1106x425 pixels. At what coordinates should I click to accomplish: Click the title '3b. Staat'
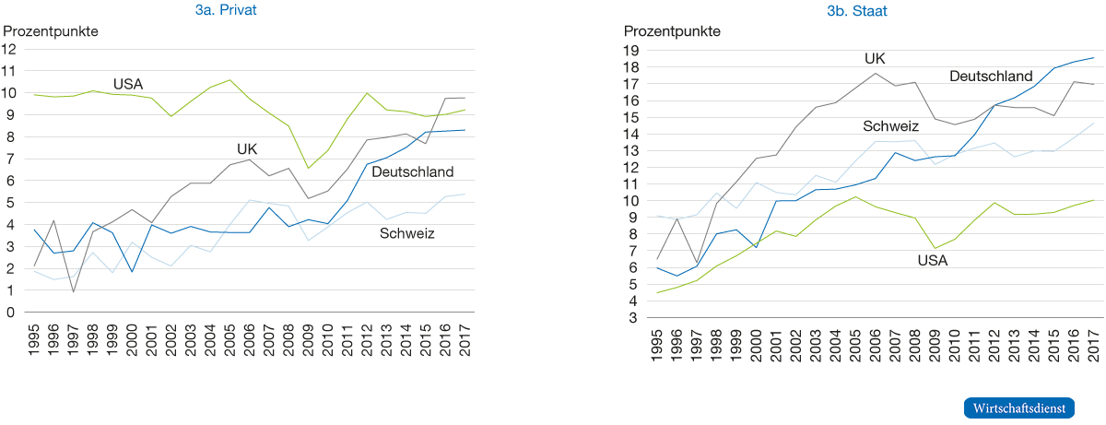856,10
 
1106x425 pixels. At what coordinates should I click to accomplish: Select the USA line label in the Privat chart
129,84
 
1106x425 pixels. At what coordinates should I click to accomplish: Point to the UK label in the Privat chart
247,148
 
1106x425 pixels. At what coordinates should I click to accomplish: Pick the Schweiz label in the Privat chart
406,234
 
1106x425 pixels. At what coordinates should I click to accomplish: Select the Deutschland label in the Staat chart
990,75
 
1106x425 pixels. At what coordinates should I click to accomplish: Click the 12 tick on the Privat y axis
10,49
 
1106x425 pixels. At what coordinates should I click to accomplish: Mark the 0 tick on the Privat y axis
10,313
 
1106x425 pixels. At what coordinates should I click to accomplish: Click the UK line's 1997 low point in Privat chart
73,291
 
